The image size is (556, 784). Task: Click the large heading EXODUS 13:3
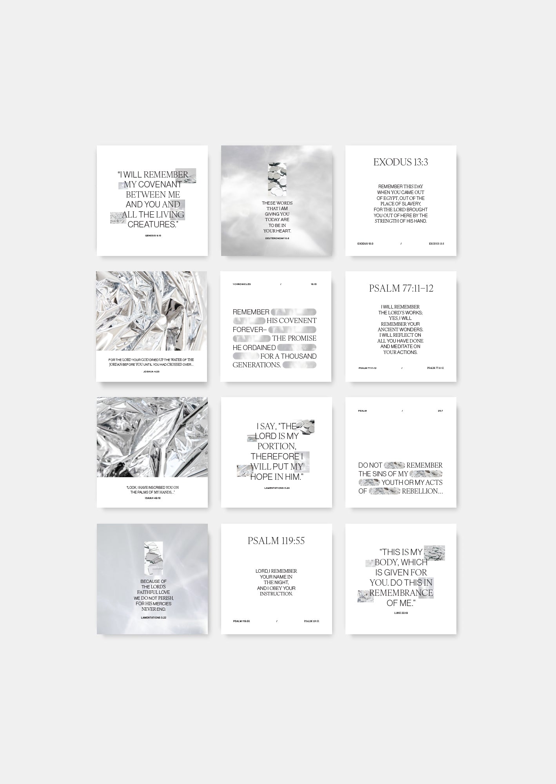(x=400, y=162)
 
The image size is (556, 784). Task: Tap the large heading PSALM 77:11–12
(x=401, y=289)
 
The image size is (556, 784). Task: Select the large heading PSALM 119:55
(x=276, y=541)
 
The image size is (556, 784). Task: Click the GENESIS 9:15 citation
(x=153, y=236)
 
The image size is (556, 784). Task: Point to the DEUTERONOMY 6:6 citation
(x=277, y=238)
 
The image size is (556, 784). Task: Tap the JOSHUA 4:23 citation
(x=151, y=371)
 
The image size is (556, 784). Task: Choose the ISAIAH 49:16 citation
(x=153, y=497)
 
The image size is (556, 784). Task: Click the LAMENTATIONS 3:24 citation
(x=277, y=488)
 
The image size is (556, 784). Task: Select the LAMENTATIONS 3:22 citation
(x=154, y=617)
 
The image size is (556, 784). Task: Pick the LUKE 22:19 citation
(x=401, y=612)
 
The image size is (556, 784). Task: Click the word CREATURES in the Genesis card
(x=152, y=225)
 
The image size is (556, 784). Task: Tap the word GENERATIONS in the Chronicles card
(x=257, y=365)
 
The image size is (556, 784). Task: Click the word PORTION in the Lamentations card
(x=276, y=446)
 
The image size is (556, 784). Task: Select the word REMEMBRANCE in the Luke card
(x=401, y=593)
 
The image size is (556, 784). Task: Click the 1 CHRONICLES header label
(x=242, y=284)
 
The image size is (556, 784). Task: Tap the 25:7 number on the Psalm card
(x=440, y=411)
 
